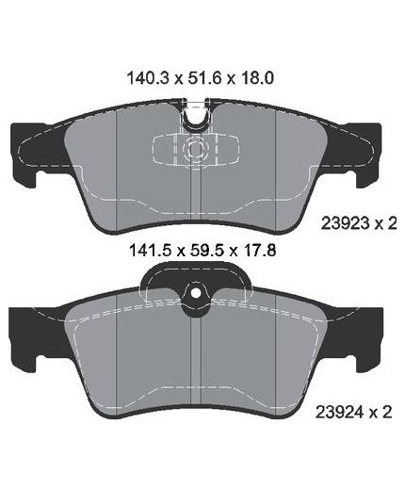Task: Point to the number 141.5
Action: tap(150, 251)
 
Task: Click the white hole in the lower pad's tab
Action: tap(196, 294)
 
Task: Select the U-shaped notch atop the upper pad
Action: tap(195, 117)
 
